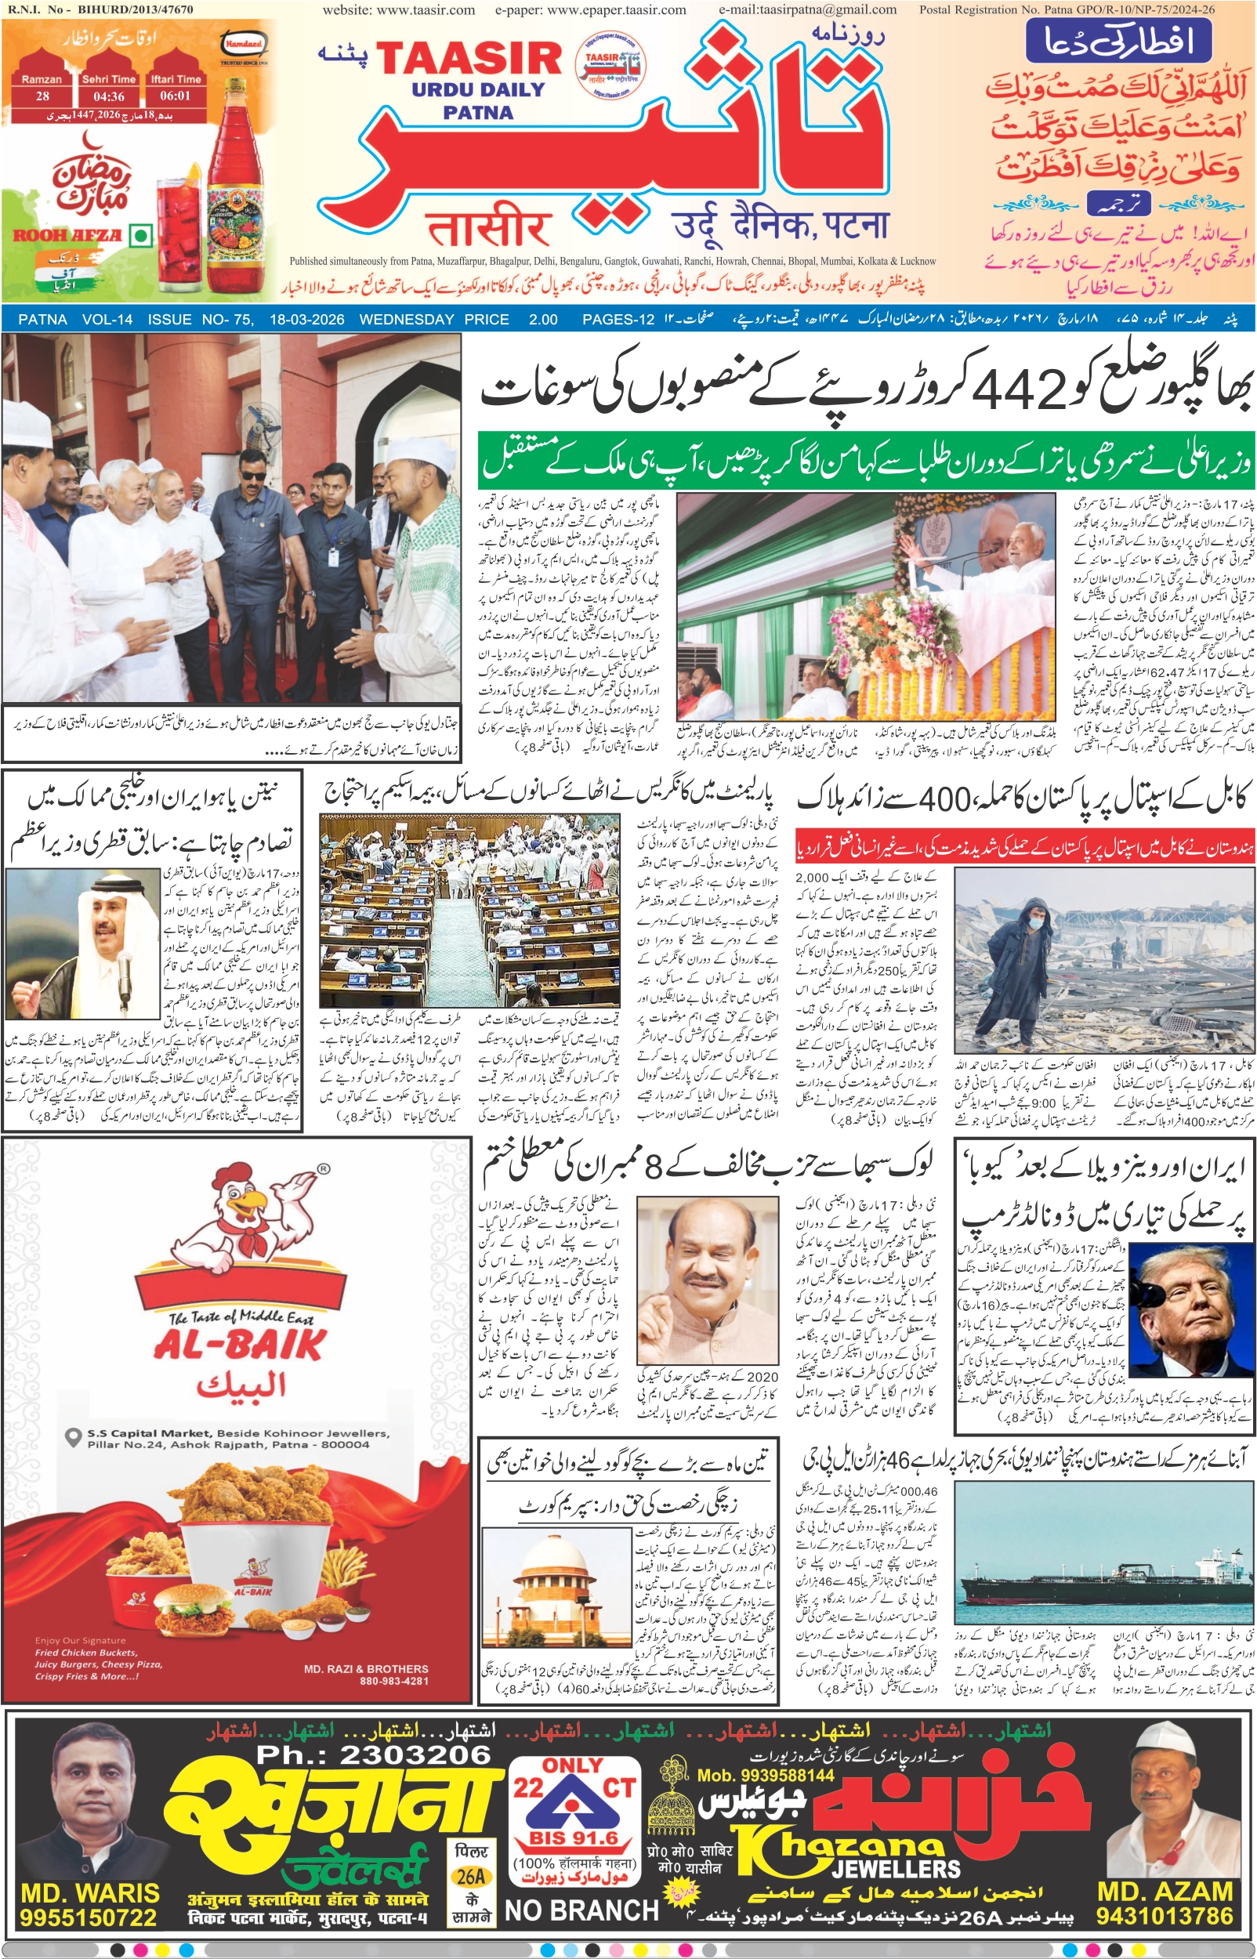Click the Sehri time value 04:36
109,96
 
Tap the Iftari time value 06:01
175,96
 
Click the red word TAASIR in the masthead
469,59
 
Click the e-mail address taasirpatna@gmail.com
807,9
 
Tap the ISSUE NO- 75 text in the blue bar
200,320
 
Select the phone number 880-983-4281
393,1681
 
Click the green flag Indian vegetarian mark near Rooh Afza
141,236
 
